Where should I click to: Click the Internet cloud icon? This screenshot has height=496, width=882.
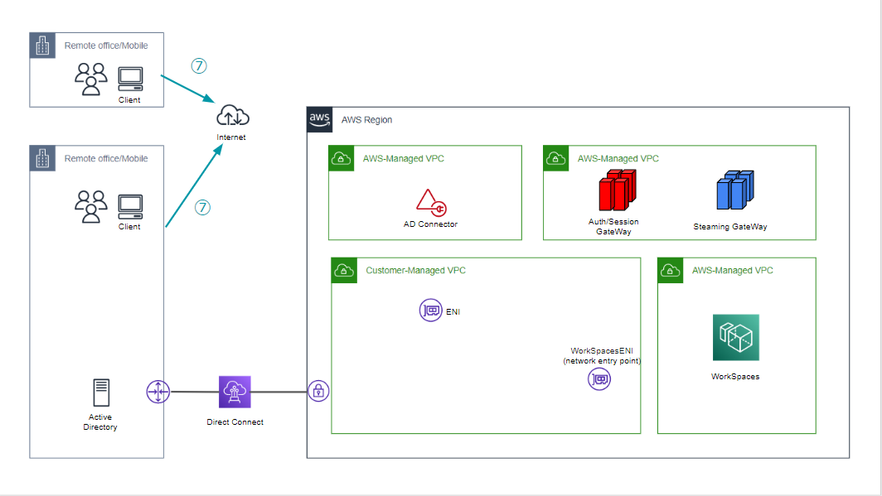[x=233, y=116]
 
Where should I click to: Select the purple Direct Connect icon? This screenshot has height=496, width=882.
[x=235, y=392]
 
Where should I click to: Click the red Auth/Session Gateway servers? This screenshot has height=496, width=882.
[x=617, y=190]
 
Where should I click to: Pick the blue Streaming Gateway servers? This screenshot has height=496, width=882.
[x=735, y=190]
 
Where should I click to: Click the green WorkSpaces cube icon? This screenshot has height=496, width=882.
[x=736, y=337]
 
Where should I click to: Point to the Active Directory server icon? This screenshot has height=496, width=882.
[x=101, y=392]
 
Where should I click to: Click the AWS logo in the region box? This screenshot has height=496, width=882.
[x=319, y=119]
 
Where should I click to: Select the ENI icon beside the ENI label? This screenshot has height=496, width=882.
[x=430, y=310]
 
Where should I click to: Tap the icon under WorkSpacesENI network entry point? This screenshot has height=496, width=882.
[x=599, y=379]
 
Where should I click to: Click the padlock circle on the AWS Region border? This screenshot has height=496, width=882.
[x=318, y=391]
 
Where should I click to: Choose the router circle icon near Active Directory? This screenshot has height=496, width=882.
[x=158, y=392]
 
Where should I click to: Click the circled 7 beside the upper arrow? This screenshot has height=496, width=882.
[x=199, y=65]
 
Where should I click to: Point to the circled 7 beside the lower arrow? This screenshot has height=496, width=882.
[x=202, y=207]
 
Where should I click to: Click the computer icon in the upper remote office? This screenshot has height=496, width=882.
[x=130, y=79]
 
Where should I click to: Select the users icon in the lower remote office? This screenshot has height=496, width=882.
[x=90, y=207]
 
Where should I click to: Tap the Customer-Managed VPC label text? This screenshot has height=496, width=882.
[x=415, y=270]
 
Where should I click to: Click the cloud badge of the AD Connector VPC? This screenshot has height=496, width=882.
[x=342, y=158]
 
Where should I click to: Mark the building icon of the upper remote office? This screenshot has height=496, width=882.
[x=43, y=46]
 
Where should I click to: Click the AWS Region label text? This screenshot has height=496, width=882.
[x=366, y=119]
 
